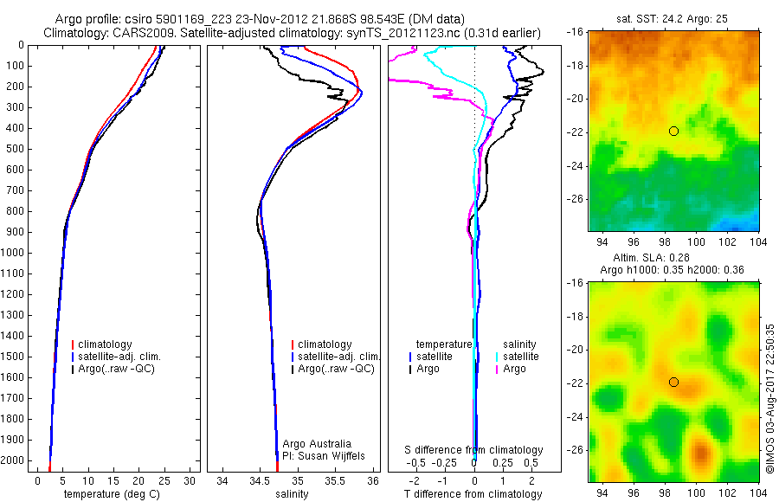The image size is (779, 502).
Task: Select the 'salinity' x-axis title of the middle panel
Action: (x=292, y=494)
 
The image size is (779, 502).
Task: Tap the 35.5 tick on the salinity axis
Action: (x=336, y=479)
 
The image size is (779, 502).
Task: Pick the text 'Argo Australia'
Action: (x=317, y=444)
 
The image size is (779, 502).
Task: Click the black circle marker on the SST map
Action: (x=673, y=131)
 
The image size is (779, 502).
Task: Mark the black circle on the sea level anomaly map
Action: (x=673, y=382)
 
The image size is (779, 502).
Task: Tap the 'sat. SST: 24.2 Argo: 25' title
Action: (x=673, y=17)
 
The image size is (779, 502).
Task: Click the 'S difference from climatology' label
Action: (x=474, y=450)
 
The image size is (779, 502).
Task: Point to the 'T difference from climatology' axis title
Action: (x=474, y=494)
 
